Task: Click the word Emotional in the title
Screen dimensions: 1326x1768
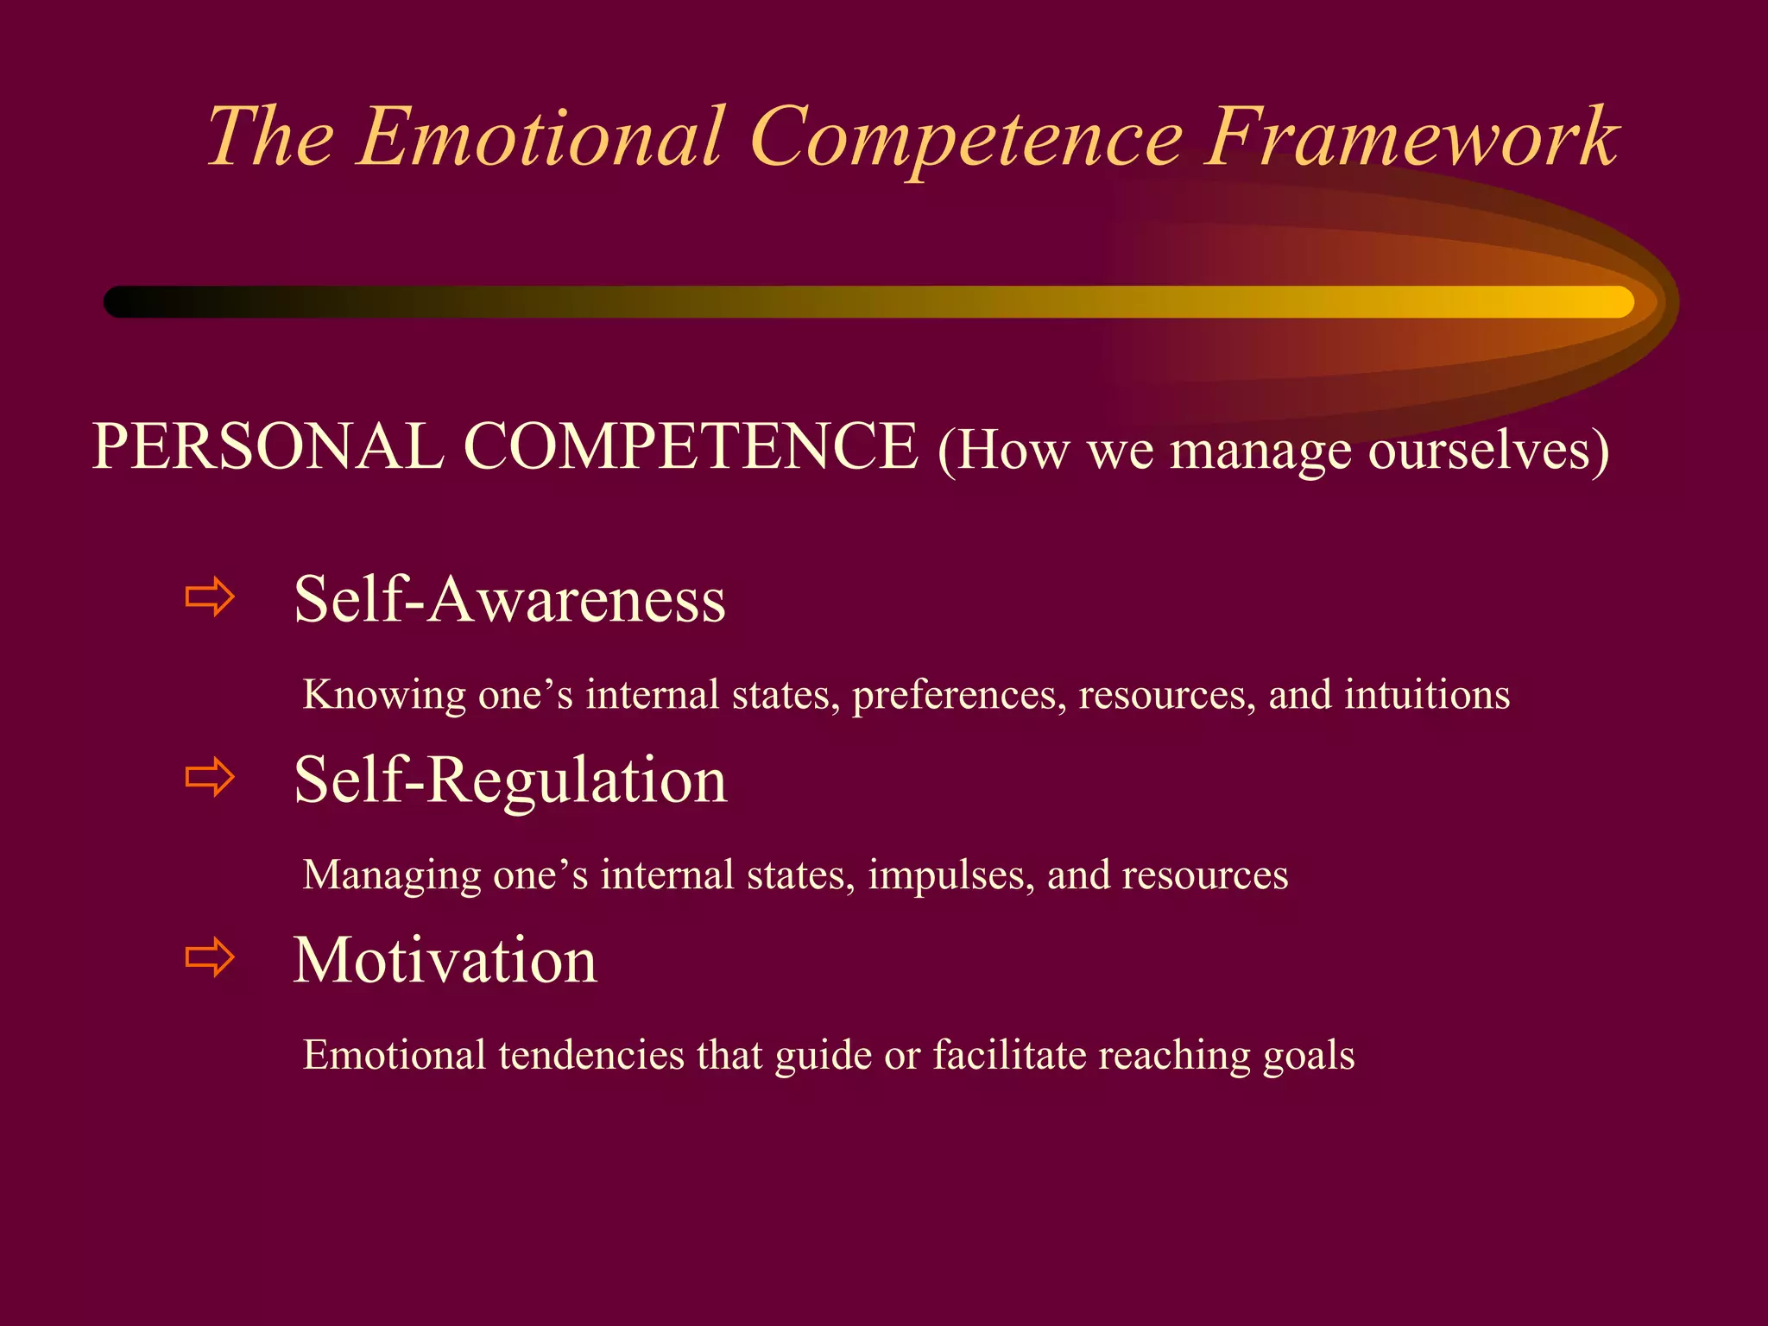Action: pos(540,138)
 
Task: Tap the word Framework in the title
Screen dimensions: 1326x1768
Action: pos(1411,138)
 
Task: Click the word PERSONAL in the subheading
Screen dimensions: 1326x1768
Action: pos(268,447)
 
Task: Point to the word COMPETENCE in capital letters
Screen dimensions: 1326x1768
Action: pos(691,447)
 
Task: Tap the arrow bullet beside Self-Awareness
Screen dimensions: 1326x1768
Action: pos(210,597)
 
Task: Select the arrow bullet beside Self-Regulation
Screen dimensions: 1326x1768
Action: pos(210,777)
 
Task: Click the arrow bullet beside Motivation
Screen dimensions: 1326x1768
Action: pos(210,957)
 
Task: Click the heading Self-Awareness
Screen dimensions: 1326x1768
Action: pos(509,599)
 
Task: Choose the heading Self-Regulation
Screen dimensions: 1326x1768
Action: pos(510,780)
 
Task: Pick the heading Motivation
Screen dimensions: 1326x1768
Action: pos(445,960)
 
